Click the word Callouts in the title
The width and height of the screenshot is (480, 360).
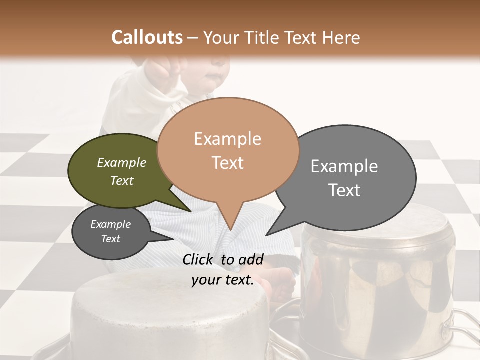(147, 37)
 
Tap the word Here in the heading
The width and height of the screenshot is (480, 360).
(341, 38)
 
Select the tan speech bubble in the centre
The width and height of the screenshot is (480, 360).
(228, 150)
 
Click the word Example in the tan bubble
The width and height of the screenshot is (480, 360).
(228, 139)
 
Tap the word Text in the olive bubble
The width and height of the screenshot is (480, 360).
(122, 181)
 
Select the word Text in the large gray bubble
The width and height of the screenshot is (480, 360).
(345, 190)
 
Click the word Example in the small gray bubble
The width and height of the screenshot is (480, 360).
(111, 224)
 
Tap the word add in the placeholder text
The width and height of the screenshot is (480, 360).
(251, 259)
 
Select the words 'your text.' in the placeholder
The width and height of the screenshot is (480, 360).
(223, 280)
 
